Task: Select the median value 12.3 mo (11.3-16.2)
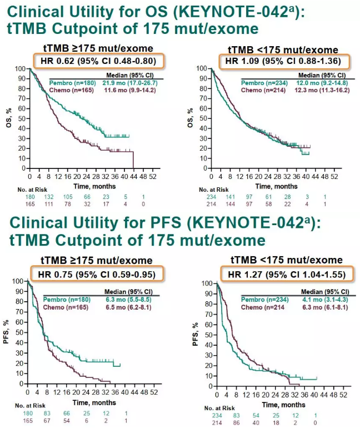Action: coord(323,89)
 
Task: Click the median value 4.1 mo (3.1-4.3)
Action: coord(321,298)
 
